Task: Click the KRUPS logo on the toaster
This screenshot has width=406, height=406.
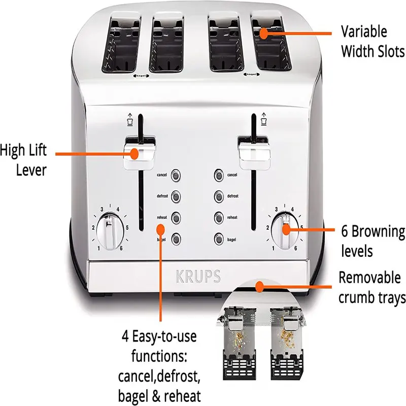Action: coord(198,277)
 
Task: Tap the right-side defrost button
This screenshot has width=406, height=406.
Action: coord(218,196)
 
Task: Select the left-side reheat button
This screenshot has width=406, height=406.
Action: coord(176,217)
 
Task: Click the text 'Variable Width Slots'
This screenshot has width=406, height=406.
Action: coord(373,42)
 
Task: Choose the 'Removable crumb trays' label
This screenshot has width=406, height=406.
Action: coord(372,287)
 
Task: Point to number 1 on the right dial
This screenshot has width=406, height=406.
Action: coord(274,248)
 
